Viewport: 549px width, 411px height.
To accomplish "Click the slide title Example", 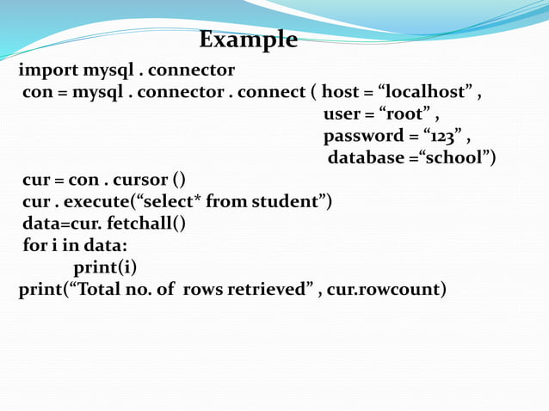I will pos(249,40).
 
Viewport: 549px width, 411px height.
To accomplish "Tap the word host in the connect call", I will pos(340,92).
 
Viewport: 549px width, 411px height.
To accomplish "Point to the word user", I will pos(342,114).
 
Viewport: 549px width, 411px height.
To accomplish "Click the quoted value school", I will pos(457,158).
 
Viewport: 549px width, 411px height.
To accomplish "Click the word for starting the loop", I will pos(33,246).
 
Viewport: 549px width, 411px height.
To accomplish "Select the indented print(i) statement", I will pos(104,267).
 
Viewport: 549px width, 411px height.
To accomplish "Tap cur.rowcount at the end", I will pos(384,290).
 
